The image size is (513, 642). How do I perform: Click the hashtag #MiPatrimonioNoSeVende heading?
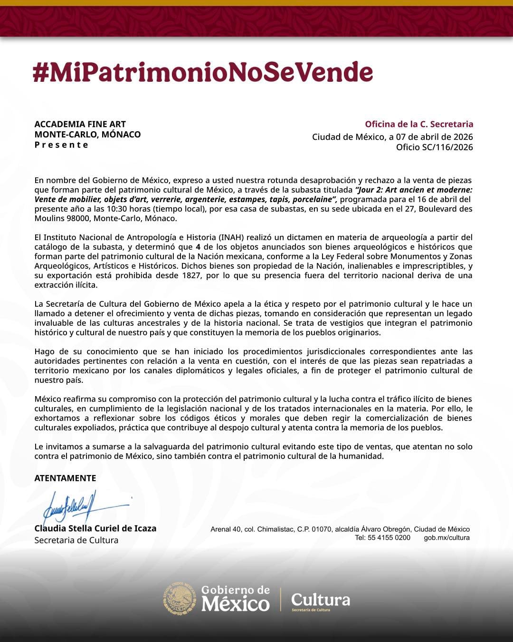203,72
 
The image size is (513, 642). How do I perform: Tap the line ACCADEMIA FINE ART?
80,124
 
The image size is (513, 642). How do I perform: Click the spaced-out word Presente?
61,145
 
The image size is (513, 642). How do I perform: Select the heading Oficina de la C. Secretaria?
419,124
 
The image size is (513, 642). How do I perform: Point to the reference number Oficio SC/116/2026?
434,147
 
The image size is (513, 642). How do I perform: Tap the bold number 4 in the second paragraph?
198,247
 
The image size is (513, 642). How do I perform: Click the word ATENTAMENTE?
65,478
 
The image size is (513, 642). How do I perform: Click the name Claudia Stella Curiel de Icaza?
95,528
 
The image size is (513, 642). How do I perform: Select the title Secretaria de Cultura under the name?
76,540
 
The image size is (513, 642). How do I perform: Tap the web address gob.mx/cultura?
446,538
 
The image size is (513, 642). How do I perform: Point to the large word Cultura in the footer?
321,599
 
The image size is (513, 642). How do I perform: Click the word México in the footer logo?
235,604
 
